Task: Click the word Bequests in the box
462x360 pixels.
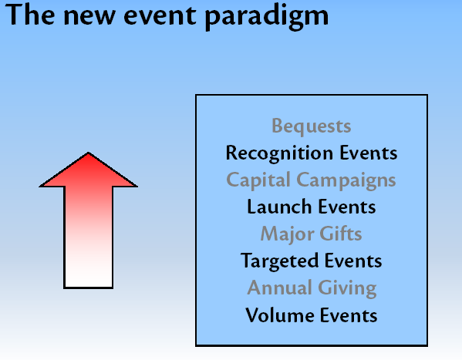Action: click(x=311, y=126)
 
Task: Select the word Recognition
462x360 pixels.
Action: click(x=279, y=153)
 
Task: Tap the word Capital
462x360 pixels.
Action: click(x=258, y=180)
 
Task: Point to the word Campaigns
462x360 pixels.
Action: click(x=346, y=180)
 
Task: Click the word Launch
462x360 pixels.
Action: click(x=279, y=207)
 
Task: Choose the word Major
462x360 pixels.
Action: click(x=287, y=234)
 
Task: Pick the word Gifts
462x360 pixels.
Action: click(x=341, y=234)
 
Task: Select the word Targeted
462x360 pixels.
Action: click(x=279, y=261)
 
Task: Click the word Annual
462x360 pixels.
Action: click(x=279, y=288)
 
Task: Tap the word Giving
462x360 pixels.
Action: click(x=347, y=288)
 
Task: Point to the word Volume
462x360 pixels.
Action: click(x=279, y=315)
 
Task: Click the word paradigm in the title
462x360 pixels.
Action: click(x=266, y=16)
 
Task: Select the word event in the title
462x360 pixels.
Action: click(x=160, y=16)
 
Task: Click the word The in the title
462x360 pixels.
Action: click(x=30, y=15)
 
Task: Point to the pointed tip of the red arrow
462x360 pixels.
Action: click(x=88, y=153)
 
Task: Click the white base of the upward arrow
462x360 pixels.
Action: click(x=88, y=274)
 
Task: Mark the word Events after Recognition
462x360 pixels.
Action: click(x=369, y=153)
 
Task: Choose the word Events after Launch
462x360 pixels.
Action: click(x=347, y=207)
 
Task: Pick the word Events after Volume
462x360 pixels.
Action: click(x=349, y=315)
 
